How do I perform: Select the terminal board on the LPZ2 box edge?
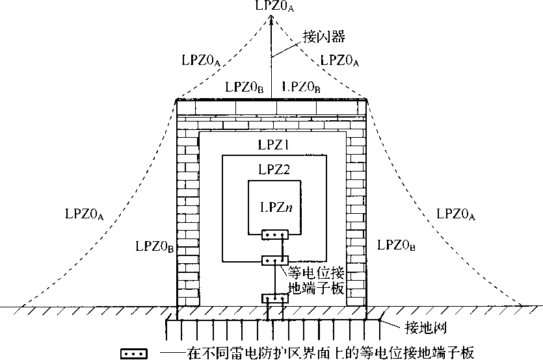coord(273,261)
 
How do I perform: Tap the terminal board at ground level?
coord(274,298)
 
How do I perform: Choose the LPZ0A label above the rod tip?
coord(272,6)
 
